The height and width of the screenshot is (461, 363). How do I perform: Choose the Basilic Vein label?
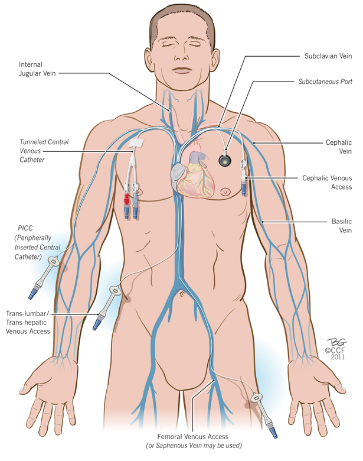point(338,226)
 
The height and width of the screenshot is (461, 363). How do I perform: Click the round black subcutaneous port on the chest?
point(225,160)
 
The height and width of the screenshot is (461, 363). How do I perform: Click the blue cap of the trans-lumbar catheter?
point(97,323)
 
